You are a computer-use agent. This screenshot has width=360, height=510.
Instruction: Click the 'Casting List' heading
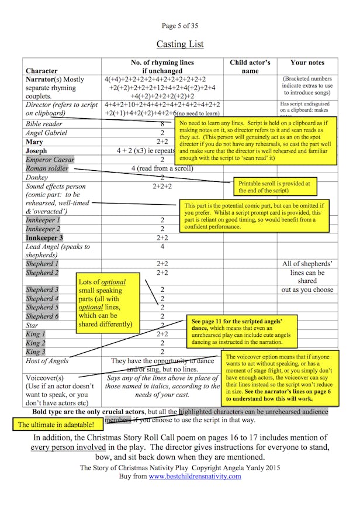(x=179, y=44)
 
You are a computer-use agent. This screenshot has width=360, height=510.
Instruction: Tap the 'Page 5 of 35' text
(x=179, y=26)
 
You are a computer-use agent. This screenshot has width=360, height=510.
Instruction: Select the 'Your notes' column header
(x=307, y=63)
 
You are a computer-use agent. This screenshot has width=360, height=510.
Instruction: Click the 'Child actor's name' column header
(x=250, y=67)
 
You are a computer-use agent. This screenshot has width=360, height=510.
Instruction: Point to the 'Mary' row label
(x=34, y=142)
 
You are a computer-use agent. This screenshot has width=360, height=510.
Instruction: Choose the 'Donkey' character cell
(x=37, y=177)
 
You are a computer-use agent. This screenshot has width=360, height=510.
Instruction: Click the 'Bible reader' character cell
(x=44, y=124)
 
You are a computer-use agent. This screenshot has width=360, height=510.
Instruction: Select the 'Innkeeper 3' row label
(x=44, y=238)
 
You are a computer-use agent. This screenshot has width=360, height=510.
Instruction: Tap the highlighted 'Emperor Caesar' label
(x=50, y=160)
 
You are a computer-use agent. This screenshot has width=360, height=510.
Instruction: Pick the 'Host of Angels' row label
(x=47, y=361)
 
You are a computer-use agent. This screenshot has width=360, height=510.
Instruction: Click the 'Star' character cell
(x=32, y=325)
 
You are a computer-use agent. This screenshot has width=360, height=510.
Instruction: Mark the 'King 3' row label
(x=36, y=352)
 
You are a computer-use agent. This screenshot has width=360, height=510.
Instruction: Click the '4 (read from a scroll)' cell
(x=162, y=168)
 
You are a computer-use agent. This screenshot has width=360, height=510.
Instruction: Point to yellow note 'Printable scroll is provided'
(x=274, y=187)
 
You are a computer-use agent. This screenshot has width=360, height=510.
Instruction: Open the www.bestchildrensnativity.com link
(x=195, y=476)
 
